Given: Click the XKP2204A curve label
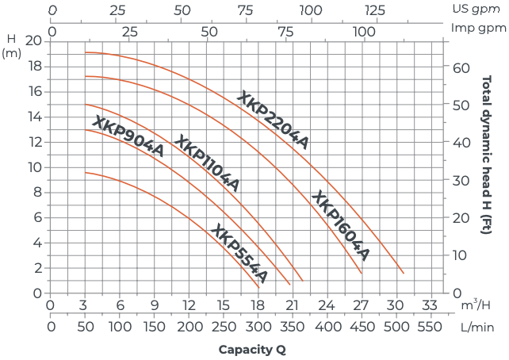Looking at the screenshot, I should coord(273,120).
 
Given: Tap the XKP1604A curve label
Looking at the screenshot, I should coord(340,225).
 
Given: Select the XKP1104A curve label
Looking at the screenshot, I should coord(205,163).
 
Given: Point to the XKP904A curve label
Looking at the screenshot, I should coord(128,136).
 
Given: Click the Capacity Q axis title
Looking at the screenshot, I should coord(252,348).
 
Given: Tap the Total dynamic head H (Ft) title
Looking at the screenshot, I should coord(485,155).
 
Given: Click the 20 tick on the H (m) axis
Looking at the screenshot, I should coord(33,40).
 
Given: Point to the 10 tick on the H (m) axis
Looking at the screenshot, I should coord(33,167).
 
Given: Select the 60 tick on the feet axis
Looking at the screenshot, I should coord(461,67).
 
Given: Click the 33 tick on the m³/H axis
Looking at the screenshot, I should coord(429,305).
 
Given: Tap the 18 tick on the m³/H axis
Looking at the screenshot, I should coord(257,305).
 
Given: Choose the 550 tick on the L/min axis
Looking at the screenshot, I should coord(429,325).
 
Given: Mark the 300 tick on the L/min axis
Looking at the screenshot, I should coord(257,325).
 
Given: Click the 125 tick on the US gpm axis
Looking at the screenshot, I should coord(374,11).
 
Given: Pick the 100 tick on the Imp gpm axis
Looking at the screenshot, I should coord(364,31).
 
